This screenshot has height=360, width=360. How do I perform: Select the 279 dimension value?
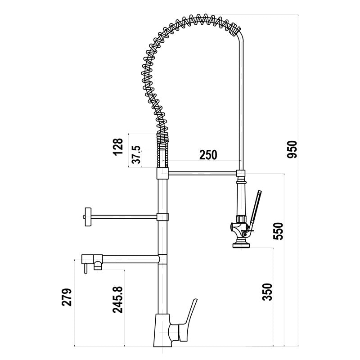point(66,297)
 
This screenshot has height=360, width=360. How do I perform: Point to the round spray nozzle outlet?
point(241,245)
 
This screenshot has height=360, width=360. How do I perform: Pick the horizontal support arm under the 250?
point(202,172)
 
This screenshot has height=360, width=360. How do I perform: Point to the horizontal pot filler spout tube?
point(130,259)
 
